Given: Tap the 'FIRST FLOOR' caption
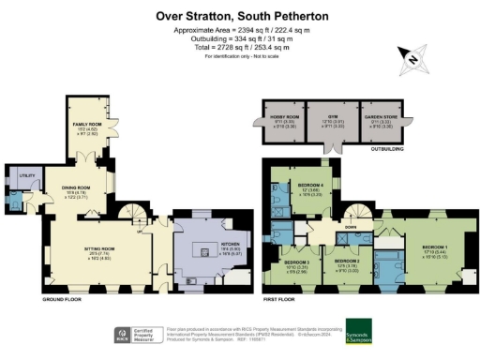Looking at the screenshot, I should click(x=282, y=301).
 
